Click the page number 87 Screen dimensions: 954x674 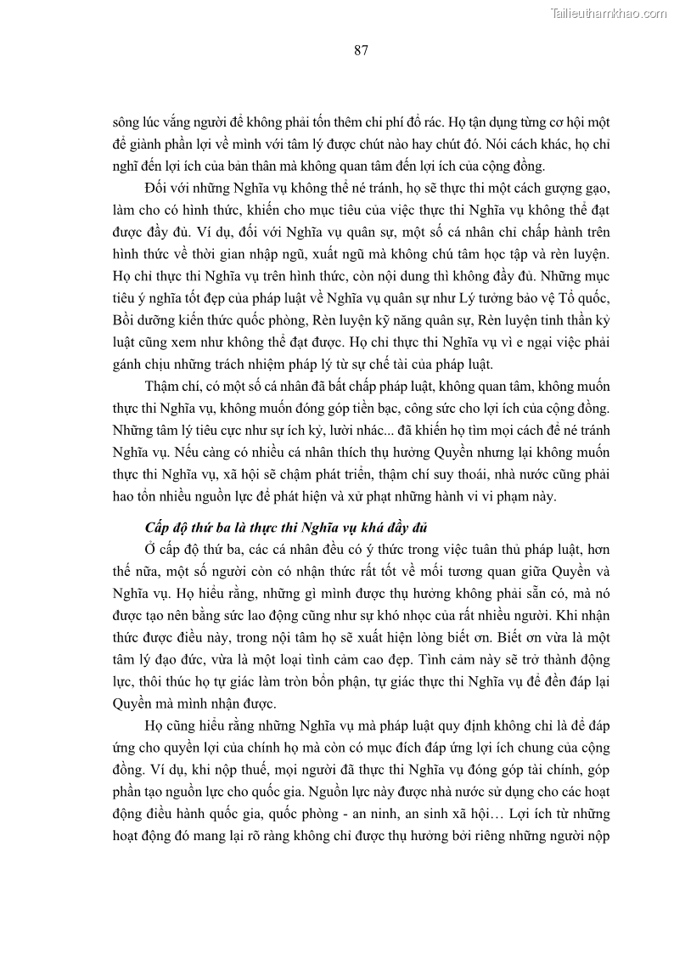click(361, 50)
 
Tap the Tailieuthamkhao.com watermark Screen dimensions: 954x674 click(609, 13)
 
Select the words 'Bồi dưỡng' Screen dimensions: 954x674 click(138, 319)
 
